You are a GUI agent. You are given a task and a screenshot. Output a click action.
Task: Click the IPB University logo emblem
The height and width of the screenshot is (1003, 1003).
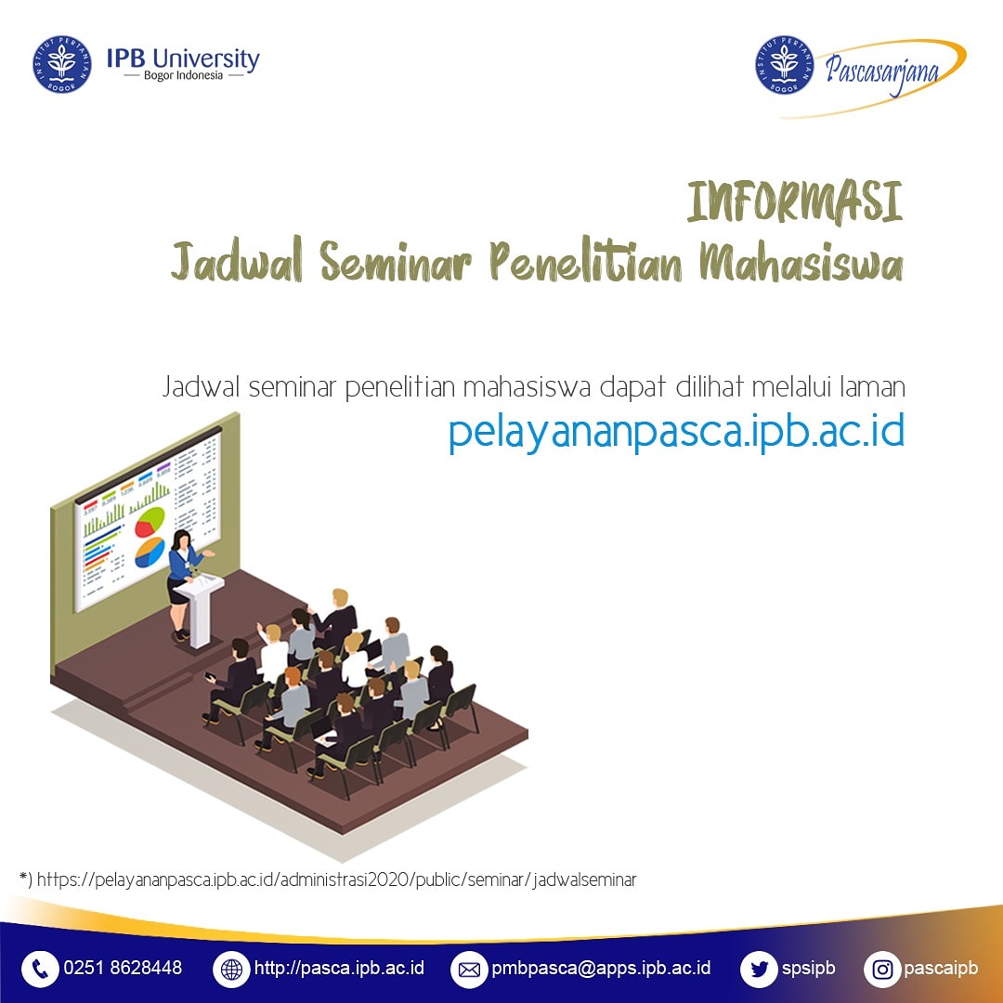(x=62, y=64)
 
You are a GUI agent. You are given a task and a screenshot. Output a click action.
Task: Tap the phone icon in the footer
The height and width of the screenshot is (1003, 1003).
(x=40, y=970)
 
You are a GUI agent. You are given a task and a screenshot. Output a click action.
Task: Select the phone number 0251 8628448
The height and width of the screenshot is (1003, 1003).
(x=123, y=969)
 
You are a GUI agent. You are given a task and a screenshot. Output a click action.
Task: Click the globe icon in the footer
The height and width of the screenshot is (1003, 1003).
(x=231, y=970)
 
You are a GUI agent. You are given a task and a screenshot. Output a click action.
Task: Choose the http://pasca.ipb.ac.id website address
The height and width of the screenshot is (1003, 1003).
(x=339, y=969)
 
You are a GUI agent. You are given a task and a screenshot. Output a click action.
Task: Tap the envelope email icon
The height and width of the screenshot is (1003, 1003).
(x=469, y=970)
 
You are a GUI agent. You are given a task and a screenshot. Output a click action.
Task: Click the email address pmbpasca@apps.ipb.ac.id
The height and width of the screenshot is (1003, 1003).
(x=601, y=969)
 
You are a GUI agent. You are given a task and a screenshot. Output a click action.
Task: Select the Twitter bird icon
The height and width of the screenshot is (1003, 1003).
(x=759, y=970)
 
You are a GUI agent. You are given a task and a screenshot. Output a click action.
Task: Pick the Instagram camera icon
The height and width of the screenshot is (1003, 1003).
(x=882, y=970)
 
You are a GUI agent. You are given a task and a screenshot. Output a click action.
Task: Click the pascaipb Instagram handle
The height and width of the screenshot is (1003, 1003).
(x=940, y=969)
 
